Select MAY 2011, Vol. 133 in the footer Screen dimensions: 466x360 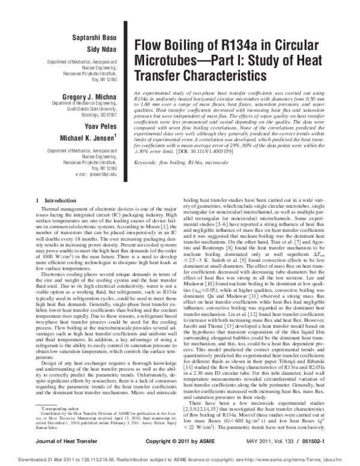click(283, 441)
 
